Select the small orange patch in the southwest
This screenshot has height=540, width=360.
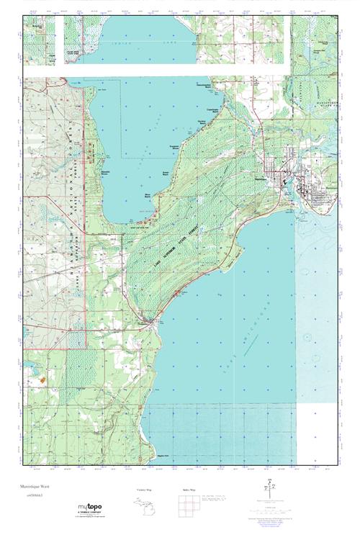pyautogui.click(x=43, y=377)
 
